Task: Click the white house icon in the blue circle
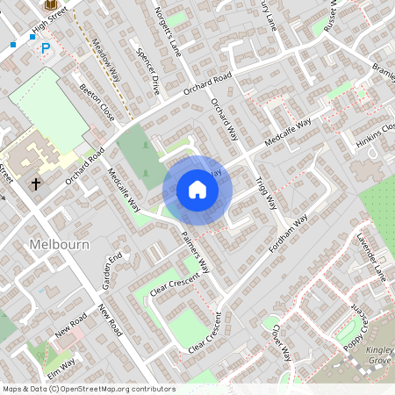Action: pos(197,190)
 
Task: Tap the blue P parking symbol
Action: pos(46,49)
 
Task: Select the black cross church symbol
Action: pos(36,184)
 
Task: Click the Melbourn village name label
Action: pos(59,244)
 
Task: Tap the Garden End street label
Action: pos(111,271)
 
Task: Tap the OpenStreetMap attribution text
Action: pos(89,389)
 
